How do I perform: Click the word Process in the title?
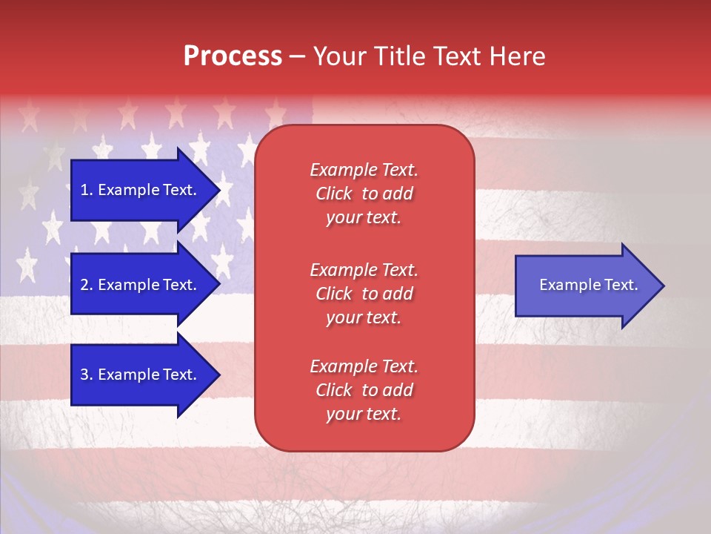(x=233, y=56)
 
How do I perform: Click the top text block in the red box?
(x=364, y=194)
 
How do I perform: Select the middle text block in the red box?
(x=364, y=294)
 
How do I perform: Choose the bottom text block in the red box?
(x=364, y=390)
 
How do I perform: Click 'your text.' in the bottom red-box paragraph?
(x=364, y=414)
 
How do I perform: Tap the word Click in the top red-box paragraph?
(x=334, y=194)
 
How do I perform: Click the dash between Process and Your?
(x=298, y=56)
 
